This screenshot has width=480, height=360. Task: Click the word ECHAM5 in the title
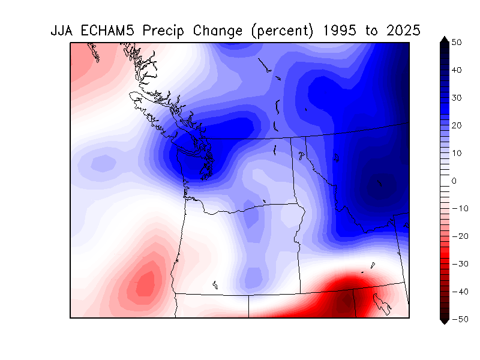point(107,31)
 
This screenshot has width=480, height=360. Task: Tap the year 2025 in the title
point(403,31)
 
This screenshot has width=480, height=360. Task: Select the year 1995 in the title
point(340,31)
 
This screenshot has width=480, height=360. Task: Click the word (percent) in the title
point(282,31)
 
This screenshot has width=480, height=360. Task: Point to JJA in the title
point(61,31)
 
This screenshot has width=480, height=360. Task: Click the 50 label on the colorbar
point(457,42)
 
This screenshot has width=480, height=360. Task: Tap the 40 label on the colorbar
point(457,70)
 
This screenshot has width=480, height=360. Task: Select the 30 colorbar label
point(457,98)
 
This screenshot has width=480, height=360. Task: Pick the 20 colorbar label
point(457,125)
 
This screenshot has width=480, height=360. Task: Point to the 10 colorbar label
point(457,153)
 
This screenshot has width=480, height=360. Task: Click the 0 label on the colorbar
point(454,181)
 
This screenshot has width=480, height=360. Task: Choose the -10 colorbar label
point(460,208)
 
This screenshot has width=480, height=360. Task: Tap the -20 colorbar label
point(460,236)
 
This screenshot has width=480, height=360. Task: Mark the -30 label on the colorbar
point(460,264)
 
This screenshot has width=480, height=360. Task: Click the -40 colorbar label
point(460,292)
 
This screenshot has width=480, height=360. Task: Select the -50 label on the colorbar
point(460,319)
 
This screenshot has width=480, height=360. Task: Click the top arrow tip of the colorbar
point(445,37)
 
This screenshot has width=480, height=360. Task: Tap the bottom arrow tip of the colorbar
point(445,325)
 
